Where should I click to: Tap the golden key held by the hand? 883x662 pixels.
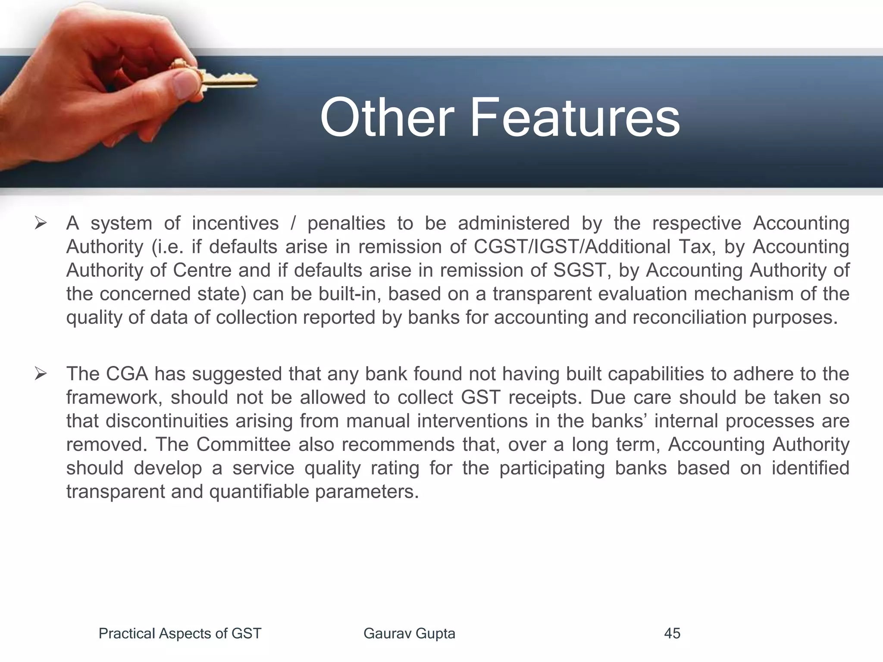[x=229, y=80]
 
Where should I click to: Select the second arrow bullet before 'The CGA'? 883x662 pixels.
[x=41, y=374]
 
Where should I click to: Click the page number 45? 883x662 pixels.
[x=672, y=634]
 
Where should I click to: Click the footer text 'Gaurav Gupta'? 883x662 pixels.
[x=409, y=634]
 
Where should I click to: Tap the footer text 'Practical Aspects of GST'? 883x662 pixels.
[x=180, y=634]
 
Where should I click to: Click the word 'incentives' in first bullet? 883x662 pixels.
[x=235, y=224]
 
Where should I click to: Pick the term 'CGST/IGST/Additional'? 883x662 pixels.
[x=572, y=247]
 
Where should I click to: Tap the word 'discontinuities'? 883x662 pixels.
[x=167, y=421]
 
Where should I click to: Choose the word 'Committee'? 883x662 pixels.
[x=244, y=444]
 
